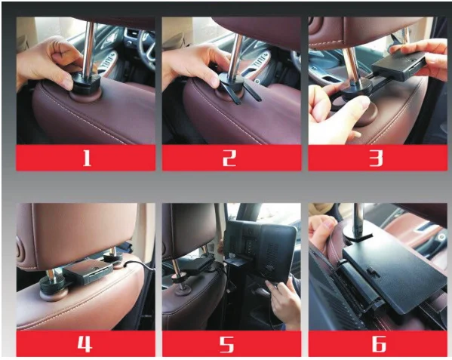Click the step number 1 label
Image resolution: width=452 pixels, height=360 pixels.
coord(87,158)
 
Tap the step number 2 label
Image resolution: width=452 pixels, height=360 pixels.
coord(229,158)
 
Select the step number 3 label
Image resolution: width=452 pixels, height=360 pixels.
coord(377,158)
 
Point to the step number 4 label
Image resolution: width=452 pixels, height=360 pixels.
coord(85,344)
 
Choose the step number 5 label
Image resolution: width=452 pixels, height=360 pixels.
coord(227,344)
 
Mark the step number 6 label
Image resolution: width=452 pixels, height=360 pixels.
coord(379,344)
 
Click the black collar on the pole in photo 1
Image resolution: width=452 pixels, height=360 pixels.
coord(85,83)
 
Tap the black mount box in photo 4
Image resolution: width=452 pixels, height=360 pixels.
coord(88,271)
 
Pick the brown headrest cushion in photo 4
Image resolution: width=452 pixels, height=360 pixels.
coord(76,232)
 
